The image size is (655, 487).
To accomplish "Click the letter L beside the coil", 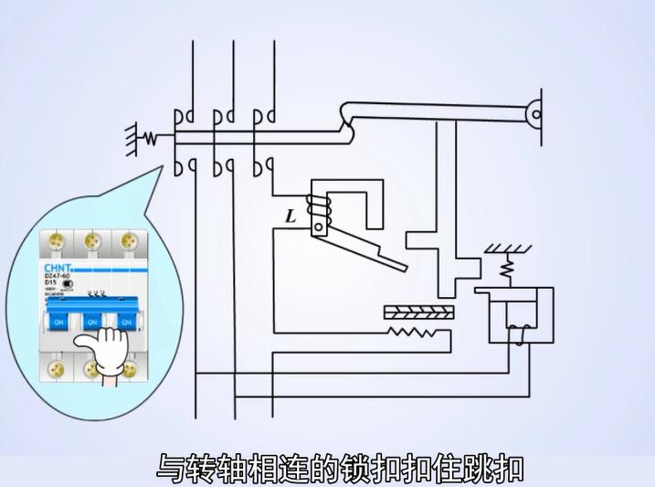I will [x=291, y=217].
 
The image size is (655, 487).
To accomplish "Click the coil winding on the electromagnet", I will [x=319, y=210].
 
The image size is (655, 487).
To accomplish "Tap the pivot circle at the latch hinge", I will [x=537, y=114].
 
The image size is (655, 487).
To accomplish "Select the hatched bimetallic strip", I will [x=419, y=311].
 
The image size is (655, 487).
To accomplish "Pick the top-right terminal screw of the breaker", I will [x=124, y=241].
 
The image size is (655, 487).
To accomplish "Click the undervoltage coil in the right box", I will [x=519, y=333].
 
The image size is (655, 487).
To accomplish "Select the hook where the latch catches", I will [x=348, y=114].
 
